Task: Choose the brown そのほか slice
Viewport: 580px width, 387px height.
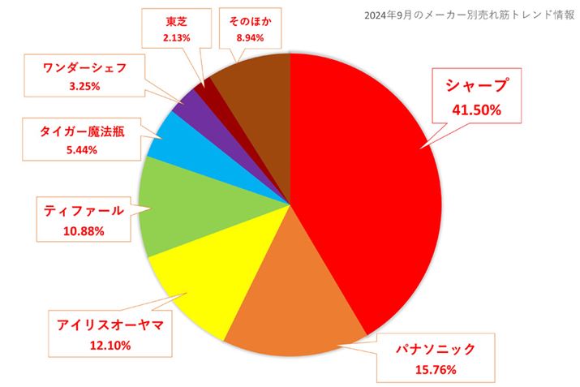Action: [x=256, y=89]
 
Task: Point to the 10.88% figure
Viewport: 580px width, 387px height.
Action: [x=84, y=232]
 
